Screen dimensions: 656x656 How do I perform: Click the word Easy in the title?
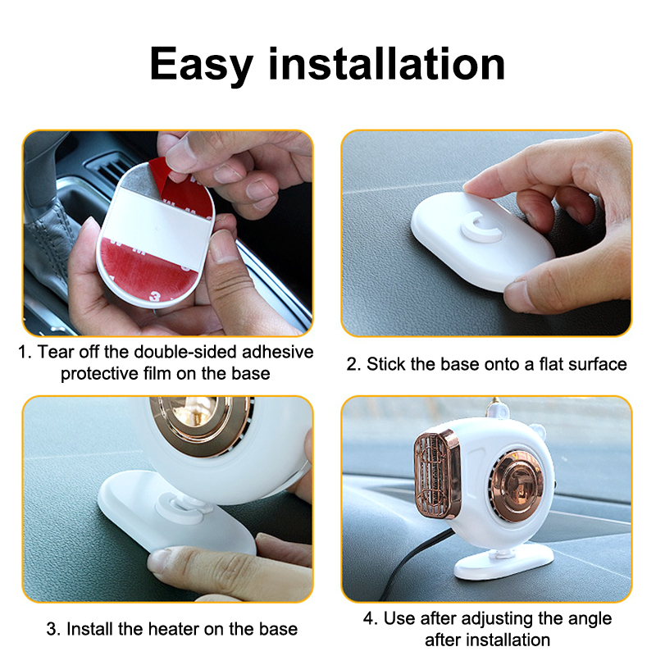coord(202,65)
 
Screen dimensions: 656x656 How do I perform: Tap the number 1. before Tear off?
coord(25,352)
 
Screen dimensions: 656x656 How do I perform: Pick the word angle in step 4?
coord(590,619)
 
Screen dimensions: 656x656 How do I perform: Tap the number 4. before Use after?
coord(371,618)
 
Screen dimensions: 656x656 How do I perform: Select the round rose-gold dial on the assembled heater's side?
coord(517,485)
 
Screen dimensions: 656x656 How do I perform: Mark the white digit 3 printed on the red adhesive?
coord(156,296)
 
